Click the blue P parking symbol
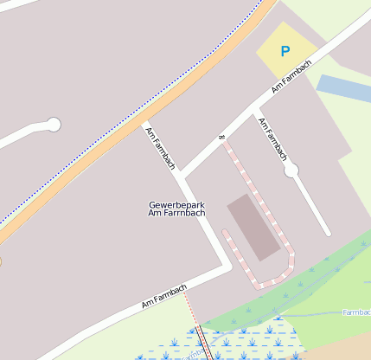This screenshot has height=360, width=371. (285, 52)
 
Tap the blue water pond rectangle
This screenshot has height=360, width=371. (343, 89)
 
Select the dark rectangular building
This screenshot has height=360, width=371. (253, 227)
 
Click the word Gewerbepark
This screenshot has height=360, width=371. (176, 205)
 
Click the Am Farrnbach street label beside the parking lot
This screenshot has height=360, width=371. (291, 77)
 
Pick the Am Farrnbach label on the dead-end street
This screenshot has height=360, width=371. (272, 138)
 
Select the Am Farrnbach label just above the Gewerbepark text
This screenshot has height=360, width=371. (161, 148)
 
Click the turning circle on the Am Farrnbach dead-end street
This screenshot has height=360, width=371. (291, 170)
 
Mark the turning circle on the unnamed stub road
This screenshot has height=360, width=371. (54, 125)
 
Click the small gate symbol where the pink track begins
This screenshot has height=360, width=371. (222, 137)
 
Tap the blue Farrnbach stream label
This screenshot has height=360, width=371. (356, 312)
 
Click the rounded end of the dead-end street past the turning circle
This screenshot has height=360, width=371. (328, 232)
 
